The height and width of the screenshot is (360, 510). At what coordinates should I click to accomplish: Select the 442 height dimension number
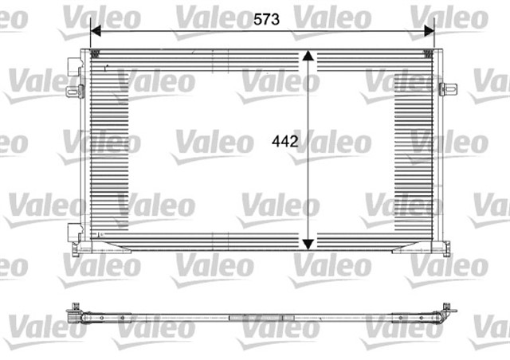284,143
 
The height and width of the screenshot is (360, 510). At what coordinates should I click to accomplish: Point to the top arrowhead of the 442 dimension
310,58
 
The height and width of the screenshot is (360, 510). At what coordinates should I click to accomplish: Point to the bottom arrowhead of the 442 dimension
310,242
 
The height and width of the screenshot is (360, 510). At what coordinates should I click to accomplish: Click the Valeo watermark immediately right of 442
339,144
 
